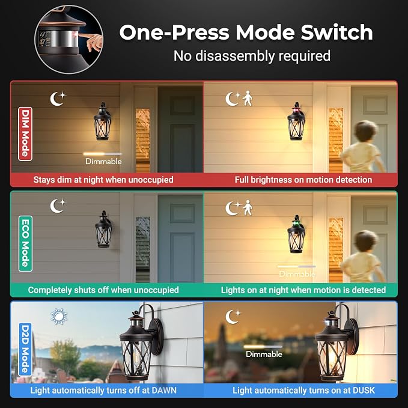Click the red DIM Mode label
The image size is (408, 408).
(25, 134)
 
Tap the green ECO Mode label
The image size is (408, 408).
(25, 243)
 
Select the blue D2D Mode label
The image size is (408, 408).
(25, 349)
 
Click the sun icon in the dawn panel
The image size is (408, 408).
(59, 317)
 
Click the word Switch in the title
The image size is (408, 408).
(336, 32)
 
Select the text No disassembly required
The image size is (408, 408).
(252, 56)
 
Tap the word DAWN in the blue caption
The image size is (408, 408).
(164, 391)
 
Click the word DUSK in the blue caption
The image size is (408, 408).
(364, 391)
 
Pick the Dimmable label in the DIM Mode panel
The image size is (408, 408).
(103, 161)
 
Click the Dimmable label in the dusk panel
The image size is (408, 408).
(264, 354)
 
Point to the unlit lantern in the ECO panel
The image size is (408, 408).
(103, 230)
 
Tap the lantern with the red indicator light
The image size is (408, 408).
(296, 121)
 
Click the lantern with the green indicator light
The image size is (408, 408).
(296, 234)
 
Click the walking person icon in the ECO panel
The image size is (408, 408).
(248, 208)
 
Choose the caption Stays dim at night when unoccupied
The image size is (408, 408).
(103, 180)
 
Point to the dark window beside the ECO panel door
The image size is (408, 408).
(142, 249)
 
